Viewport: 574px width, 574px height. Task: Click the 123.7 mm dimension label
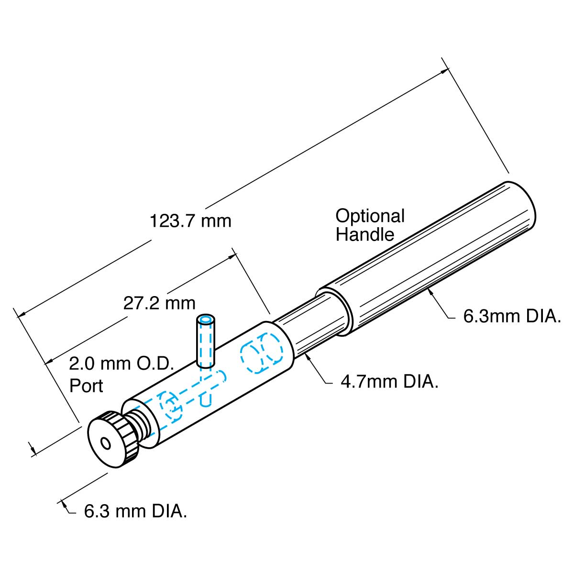tap(190, 221)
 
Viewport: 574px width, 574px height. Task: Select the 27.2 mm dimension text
tap(159, 303)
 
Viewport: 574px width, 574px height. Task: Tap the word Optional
tap(370, 216)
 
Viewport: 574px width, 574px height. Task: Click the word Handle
tap(364, 235)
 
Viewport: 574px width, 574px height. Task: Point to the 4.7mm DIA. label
tap(389, 382)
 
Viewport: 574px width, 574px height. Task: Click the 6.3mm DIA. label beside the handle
tap(512, 317)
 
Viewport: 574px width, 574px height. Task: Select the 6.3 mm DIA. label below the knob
tap(135, 511)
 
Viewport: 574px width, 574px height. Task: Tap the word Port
tap(86, 386)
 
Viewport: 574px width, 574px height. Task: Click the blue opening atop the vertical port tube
tap(206, 319)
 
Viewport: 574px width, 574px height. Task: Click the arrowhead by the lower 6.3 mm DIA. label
tap(63, 504)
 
